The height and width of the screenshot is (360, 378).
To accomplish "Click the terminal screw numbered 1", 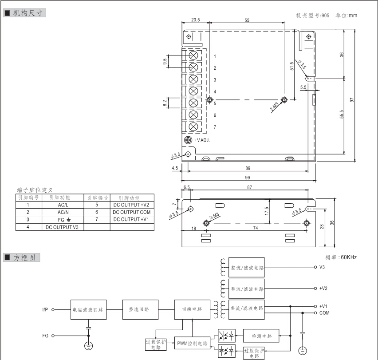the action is click(x=193, y=55).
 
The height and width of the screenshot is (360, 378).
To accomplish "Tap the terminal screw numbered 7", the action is click(x=193, y=127).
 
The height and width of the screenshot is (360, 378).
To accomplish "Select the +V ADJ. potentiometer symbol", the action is click(x=188, y=140).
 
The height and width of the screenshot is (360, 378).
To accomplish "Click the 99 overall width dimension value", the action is click(x=248, y=178).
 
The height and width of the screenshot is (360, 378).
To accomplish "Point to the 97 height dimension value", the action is click(x=352, y=100).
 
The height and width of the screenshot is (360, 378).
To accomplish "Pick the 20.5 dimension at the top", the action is click(x=196, y=20).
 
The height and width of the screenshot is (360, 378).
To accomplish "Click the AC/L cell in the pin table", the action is click(x=63, y=205).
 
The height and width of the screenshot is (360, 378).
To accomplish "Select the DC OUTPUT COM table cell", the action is click(x=132, y=212).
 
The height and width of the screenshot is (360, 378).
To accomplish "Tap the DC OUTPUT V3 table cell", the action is click(x=62, y=227).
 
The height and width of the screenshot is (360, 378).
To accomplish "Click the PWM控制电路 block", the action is click(x=192, y=344).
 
